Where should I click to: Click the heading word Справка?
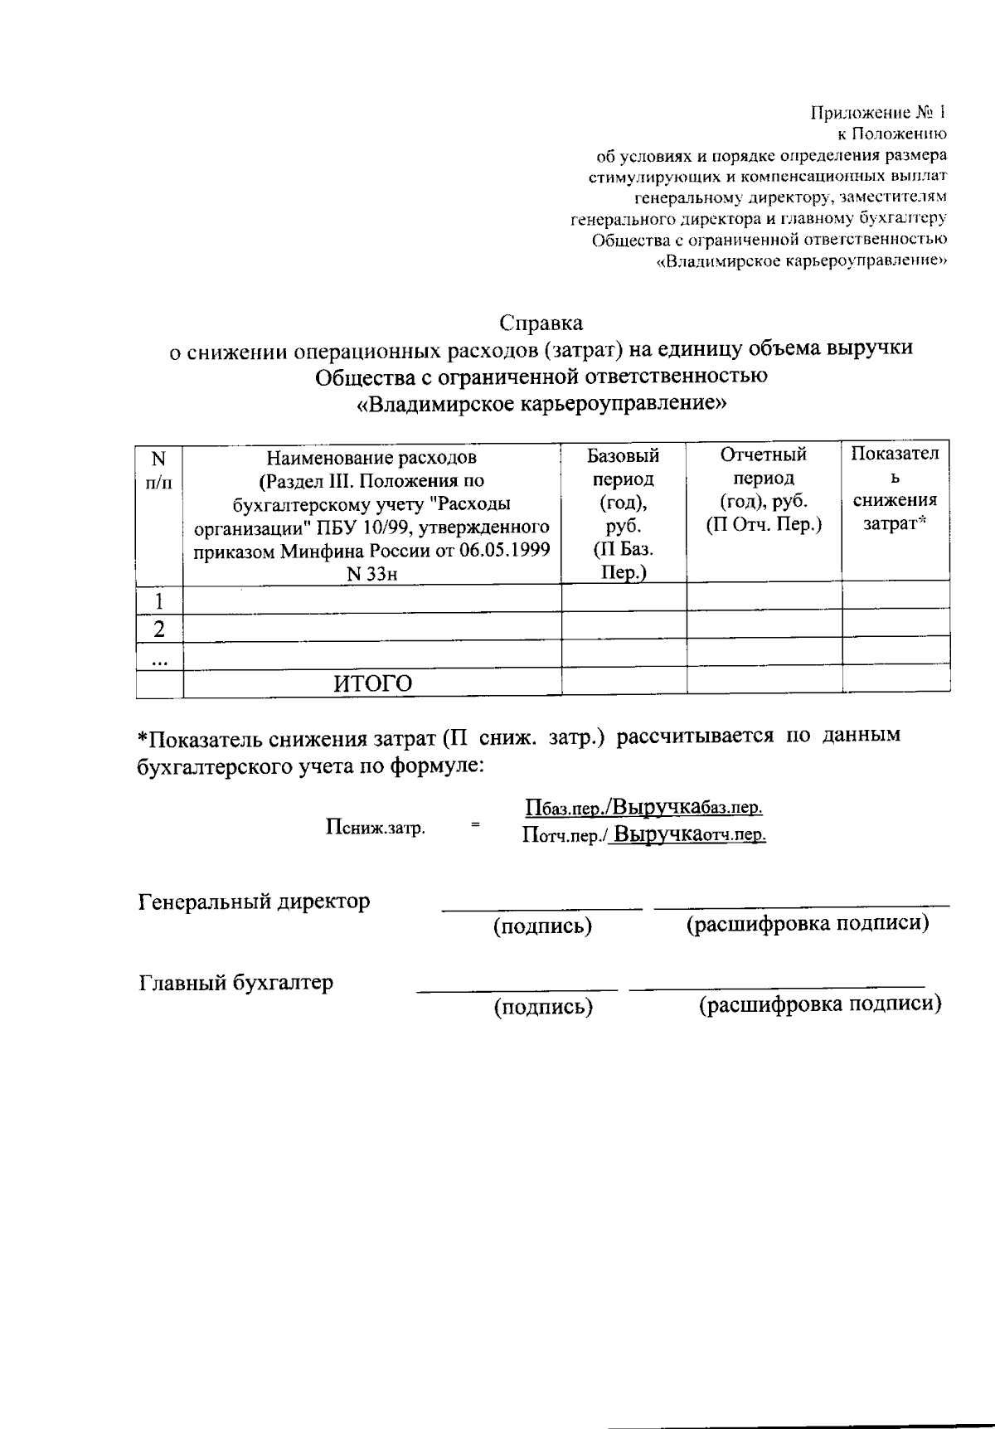(x=541, y=323)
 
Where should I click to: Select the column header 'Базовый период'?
(x=624, y=467)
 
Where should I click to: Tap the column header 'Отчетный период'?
(x=763, y=466)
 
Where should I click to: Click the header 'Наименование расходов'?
(x=371, y=457)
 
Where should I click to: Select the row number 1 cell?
(x=159, y=600)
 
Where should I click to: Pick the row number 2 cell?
(x=159, y=629)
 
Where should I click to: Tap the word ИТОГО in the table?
(x=373, y=683)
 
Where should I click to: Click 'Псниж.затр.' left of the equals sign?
(x=376, y=827)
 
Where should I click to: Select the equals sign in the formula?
(x=475, y=824)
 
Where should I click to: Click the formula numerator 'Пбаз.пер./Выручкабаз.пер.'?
(x=644, y=807)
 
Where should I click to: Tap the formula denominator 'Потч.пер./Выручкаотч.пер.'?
(x=644, y=834)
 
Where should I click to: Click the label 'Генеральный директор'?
(x=254, y=902)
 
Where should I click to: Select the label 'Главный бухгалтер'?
(x=235, y=983)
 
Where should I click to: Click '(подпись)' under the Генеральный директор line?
(x=542, y=926)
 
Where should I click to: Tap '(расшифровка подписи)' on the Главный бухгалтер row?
(x=820, y=1004)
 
